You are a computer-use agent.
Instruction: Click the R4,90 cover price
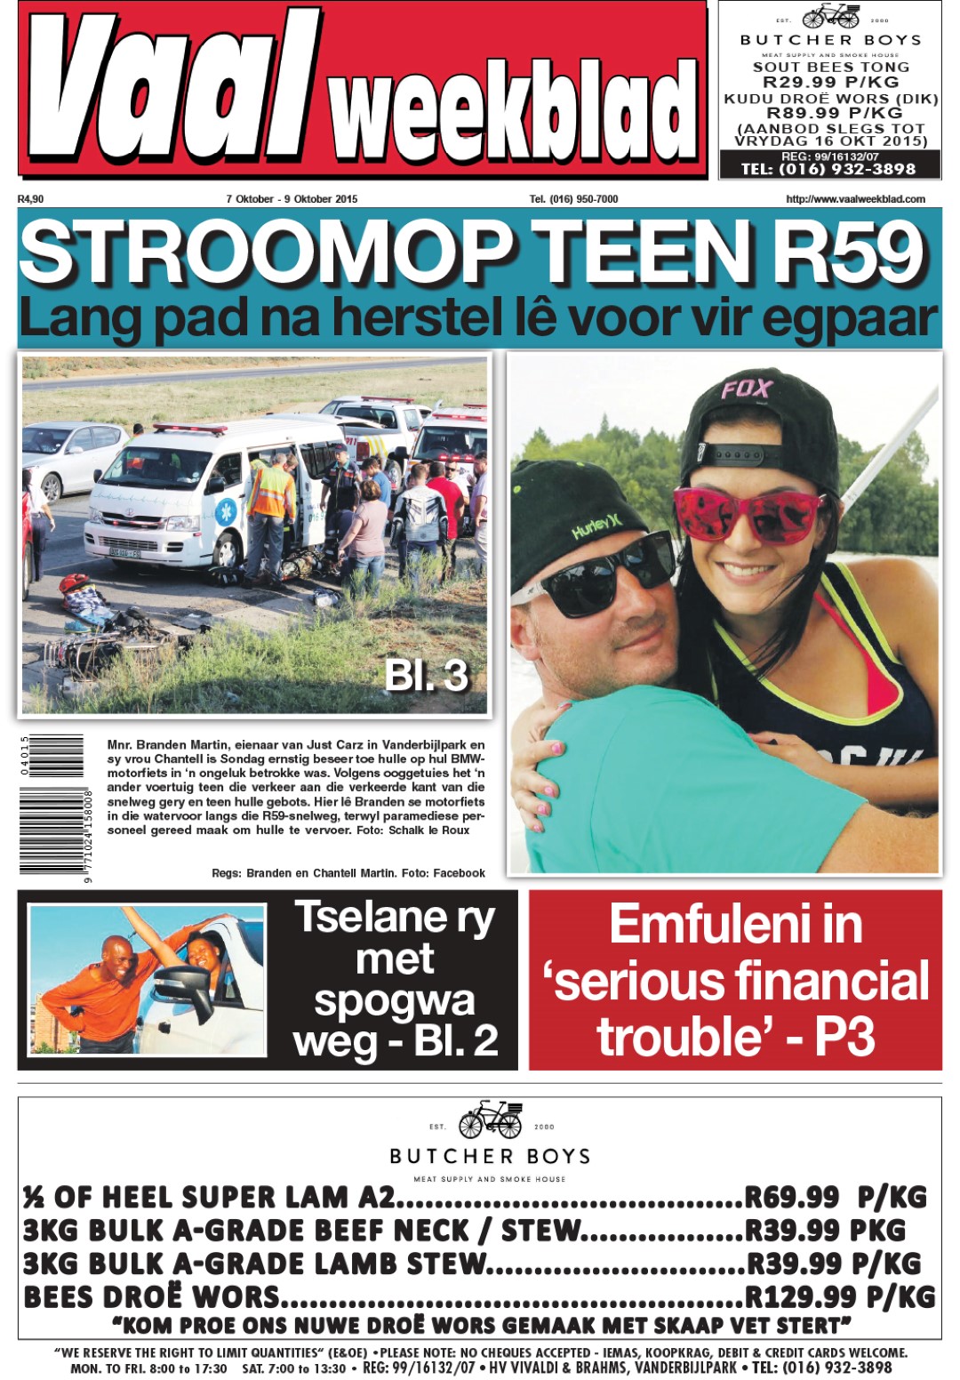[30, 199]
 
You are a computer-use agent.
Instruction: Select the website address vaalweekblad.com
[855, 199]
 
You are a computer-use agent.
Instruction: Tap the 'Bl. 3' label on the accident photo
[426, 676]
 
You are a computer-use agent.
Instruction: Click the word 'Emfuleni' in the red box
[735, 925]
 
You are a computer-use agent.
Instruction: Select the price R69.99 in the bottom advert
[791, 1197]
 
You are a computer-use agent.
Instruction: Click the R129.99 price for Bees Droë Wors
[800, 1296]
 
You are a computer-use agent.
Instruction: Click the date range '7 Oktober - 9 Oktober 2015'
[292, 199]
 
